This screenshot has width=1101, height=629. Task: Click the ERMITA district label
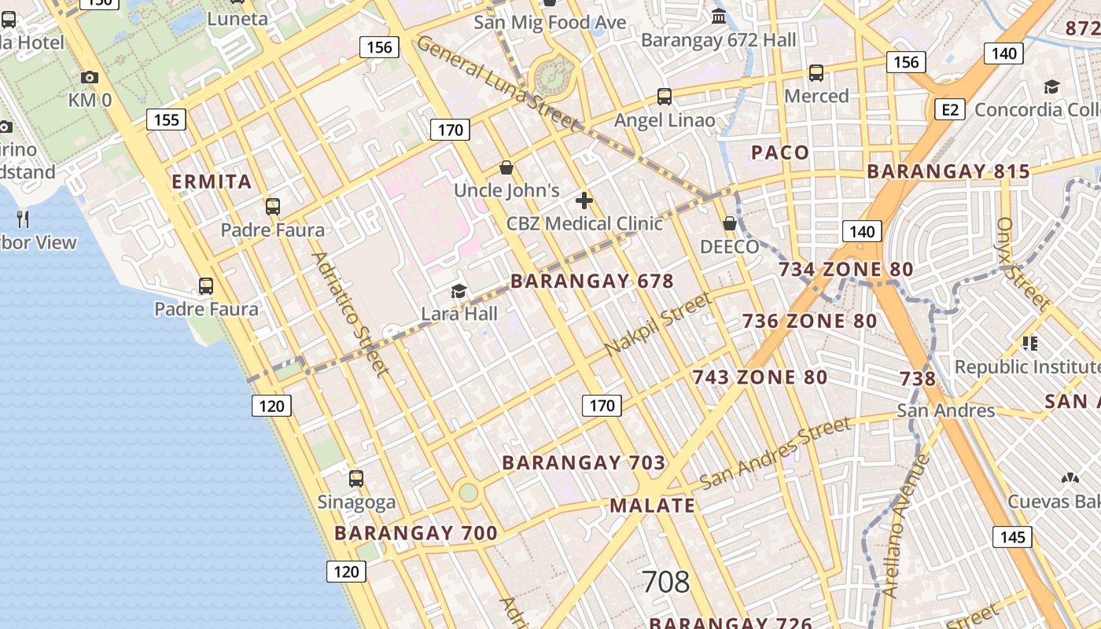click(212, 182)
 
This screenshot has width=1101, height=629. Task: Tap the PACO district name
click(780, 153)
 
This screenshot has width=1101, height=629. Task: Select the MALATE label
click(653, 505)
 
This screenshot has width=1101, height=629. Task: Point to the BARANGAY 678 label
click(592, 281)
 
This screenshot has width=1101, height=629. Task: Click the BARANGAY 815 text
click(948, 171)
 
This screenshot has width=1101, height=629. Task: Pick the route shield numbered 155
click(166, 120)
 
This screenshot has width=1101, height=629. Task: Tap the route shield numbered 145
click(1013, 537)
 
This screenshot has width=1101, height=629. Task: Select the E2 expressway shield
click(949, 109)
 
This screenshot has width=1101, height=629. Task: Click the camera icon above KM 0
click(90, 77)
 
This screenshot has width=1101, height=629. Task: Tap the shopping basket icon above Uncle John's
click(507, 167)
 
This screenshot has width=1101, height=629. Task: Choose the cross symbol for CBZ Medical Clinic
click(584, 200)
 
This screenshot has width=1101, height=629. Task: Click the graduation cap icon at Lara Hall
click(458, 292)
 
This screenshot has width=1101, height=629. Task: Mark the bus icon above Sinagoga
click(356, 478)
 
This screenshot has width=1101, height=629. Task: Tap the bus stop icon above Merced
click(816, 73)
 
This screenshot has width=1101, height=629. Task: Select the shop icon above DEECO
click(730, 223)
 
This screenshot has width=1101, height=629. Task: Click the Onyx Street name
click(1023, 263)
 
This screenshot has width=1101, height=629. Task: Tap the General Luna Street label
click(497, 82)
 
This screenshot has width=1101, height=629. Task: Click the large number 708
click(665, 582)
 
